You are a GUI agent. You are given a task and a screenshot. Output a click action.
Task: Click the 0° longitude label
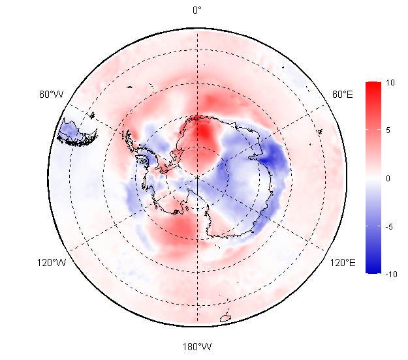click(197, 10)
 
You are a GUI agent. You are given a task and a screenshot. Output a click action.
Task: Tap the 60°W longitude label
click(52, 95)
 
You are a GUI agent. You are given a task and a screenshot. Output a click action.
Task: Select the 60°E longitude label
click(343, 95)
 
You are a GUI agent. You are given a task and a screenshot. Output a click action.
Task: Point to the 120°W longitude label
click(52, 263)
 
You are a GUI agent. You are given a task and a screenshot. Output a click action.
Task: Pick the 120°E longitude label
click(343, 263)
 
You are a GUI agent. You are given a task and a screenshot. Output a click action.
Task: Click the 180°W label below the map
click(197, 347)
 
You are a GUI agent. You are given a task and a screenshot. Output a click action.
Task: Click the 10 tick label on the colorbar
click(390, 83)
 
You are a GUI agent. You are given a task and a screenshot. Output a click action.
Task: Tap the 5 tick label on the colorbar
click(388, 130)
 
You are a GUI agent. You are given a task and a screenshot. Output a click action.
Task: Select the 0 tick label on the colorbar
click(388, 178)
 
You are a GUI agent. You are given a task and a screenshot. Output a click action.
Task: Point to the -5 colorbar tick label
click(389, 227)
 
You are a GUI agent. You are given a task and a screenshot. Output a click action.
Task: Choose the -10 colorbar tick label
click(391, 274)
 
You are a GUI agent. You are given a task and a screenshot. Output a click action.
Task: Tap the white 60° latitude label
click(204, 268)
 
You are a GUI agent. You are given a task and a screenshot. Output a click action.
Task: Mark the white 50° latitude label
click(204, 303)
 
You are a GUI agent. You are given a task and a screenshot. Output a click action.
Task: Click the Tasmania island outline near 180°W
click(226, 318)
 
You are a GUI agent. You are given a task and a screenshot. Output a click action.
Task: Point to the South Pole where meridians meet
click(197, 177)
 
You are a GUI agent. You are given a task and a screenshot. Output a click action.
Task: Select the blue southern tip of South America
click(77, 132)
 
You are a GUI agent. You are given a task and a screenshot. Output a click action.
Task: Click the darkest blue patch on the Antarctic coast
click(268, 157)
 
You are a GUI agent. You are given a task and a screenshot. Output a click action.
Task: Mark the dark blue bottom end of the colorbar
click(373, 269)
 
